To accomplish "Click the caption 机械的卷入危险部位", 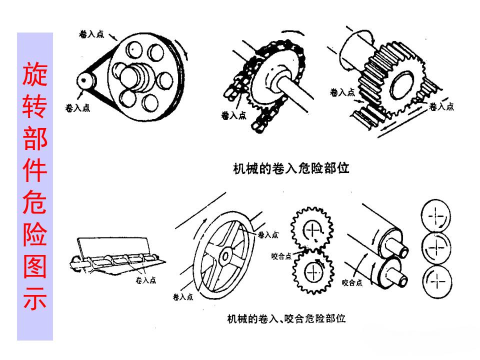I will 291,168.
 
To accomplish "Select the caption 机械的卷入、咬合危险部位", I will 286,318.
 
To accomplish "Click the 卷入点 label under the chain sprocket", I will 233,115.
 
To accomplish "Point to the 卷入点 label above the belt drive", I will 91,34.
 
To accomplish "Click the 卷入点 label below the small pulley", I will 78,108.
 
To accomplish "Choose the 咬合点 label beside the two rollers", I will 352,283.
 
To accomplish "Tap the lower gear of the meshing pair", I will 313,272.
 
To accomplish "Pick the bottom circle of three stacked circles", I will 436,280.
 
